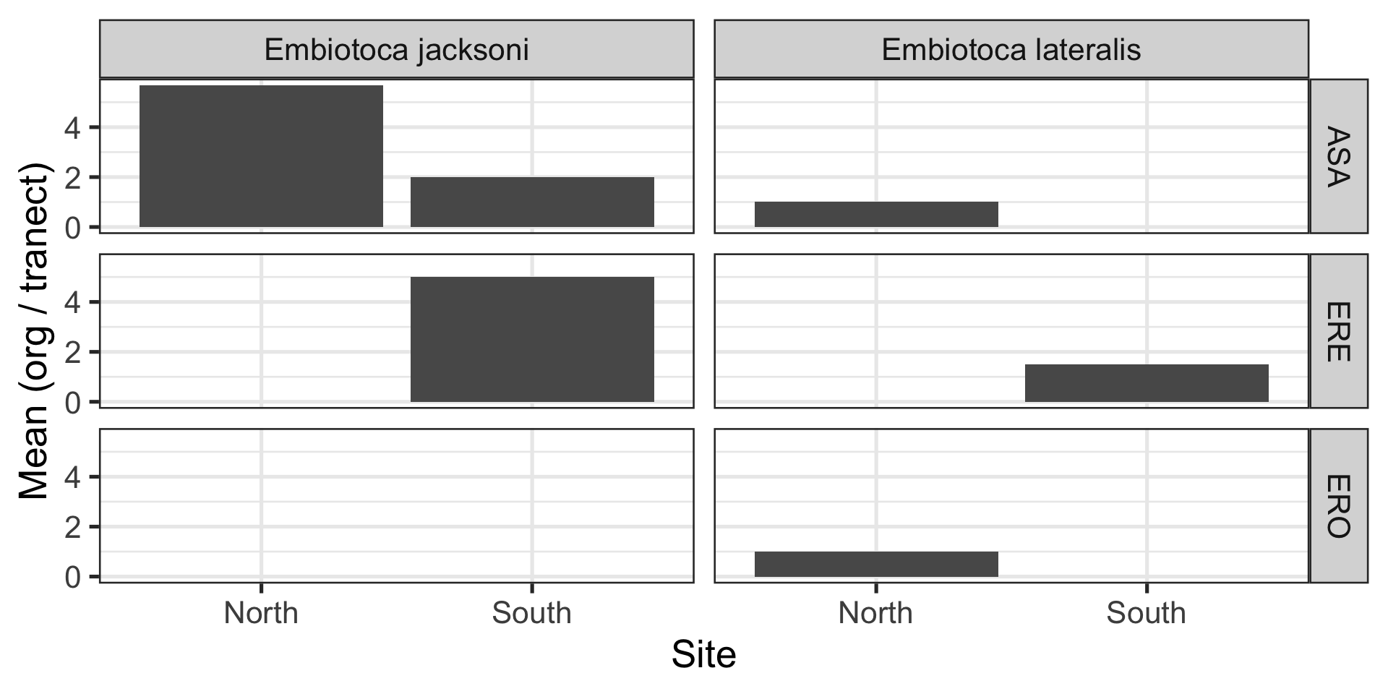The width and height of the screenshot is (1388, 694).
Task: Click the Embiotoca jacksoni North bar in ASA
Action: (261, 156)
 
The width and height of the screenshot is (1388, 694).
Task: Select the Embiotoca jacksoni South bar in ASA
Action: (532, 202)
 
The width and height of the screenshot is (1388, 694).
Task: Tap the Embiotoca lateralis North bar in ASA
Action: (876, 214)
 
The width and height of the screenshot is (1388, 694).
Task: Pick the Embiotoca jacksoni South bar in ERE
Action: (532, 339)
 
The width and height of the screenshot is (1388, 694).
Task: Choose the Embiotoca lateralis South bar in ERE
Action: (1147, 383)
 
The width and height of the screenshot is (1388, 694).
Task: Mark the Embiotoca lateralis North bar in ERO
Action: (876, 564)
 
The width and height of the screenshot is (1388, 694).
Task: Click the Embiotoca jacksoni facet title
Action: (396, 50)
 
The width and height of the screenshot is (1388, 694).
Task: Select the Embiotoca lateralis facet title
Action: (1011, 50)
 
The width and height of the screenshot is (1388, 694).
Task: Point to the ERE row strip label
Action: (1338, 331)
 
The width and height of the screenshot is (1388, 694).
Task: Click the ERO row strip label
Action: (1338, 506)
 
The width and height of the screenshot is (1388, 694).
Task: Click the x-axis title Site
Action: (703, 655)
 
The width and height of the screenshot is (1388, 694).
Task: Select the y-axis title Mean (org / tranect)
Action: (34, 330)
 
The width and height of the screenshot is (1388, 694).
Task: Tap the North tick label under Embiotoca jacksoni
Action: (261, 613)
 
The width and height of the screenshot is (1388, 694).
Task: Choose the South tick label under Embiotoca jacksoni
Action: (532, 613)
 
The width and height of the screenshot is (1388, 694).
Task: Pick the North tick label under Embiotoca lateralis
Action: (875, 613)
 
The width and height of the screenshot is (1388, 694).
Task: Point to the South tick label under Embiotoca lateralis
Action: (1147, 613)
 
